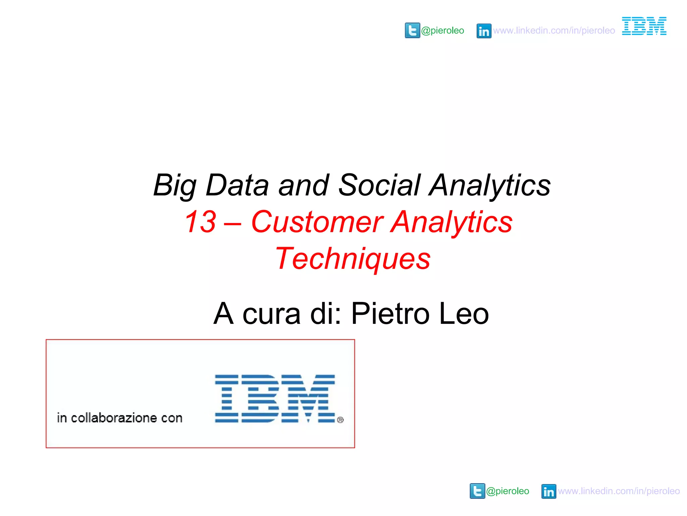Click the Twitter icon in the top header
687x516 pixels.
(x=412, y=31)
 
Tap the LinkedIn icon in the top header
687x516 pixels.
(x=484, y=31)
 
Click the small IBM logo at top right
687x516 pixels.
(x=644, y=26)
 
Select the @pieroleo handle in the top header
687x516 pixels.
(x=442, y=31)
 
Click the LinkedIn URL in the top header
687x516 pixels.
(x=554, y=31)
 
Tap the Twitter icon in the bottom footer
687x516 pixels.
(x=477, y=491)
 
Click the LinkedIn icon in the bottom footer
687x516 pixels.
(x=549, y=491)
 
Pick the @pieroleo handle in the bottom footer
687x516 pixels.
(x=508, y=491)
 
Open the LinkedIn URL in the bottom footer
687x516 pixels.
(x=619, y=491)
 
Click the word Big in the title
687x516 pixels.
(x=175, y=185)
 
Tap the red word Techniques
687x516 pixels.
(x=353, y=258)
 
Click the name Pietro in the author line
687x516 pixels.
(x=390, y=313)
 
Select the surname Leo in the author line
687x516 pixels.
(x=464, y=313)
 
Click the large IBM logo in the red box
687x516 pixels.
(x=275, y=398)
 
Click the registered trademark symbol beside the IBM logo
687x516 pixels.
(x=340, y=420)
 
